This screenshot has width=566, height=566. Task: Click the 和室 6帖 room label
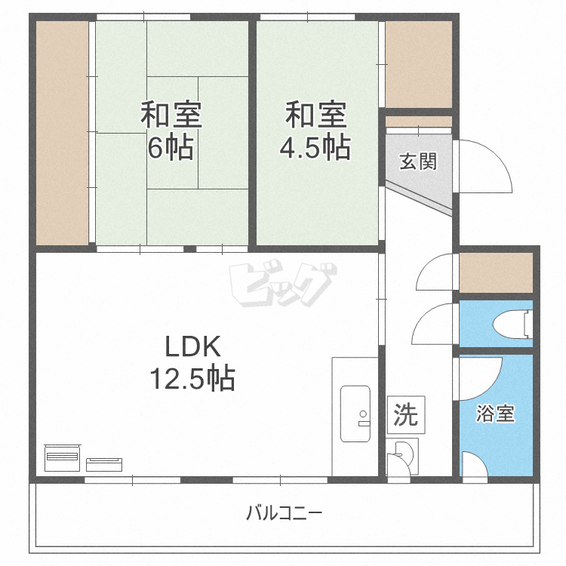tap(171, 131)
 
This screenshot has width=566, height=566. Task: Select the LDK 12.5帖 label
tap(192, 362)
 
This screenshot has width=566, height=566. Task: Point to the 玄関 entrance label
tap(417, 161)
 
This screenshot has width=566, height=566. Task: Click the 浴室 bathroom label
tap(496, 414)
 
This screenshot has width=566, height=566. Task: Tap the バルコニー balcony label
tap(284, 514)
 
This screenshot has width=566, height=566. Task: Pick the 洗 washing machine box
tap(405, 413)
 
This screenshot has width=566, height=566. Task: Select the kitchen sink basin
tap(355, 414)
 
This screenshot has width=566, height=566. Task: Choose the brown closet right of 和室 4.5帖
tap(419, 64)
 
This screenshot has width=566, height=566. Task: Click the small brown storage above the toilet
tap(496, 272)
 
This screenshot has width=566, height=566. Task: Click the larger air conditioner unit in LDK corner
tap(63, 456)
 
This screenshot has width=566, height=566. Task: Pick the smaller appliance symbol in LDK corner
tap(103, 463)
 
